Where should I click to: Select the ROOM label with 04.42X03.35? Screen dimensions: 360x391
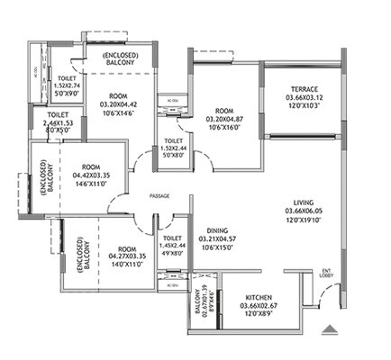pyautogui.click(x=90, y=166)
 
